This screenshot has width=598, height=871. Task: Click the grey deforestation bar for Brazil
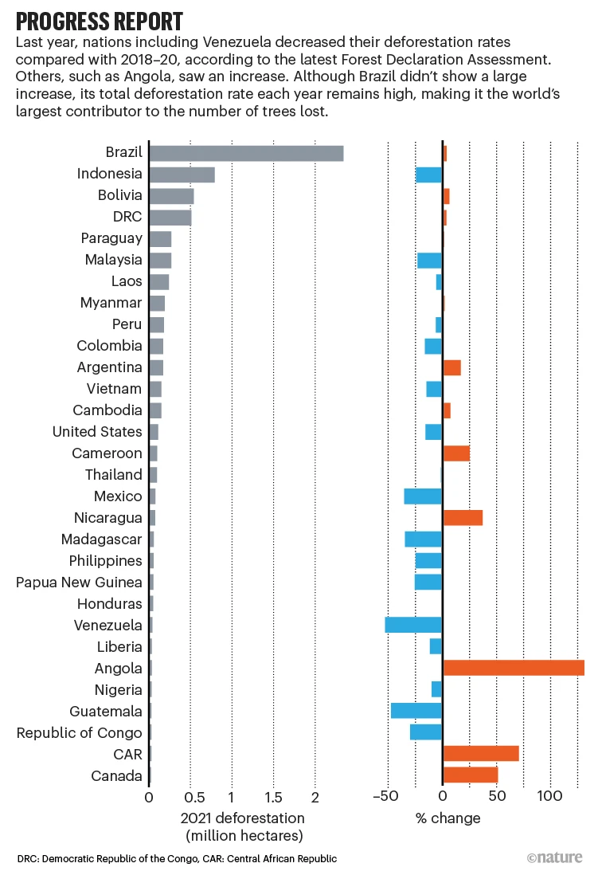pos(246,153)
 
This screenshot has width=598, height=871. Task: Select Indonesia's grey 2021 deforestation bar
pos(182,175)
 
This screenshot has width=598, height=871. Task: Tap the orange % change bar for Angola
pos(514,668)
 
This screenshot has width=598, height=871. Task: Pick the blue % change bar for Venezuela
pos(413,625)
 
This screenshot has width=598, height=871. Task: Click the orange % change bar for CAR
pos(481,754)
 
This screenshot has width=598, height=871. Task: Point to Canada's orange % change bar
pos(471,775)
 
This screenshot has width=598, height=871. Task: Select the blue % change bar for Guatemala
pos(416,711)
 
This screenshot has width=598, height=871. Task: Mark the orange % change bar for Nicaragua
pos(463,517)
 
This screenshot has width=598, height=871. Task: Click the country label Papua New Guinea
pos(79,583)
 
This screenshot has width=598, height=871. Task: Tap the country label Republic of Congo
pos(79,733)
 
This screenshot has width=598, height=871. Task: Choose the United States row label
pos(97,432)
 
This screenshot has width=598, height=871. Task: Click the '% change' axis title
pos(448,818)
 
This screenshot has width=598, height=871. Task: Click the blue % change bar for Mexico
pos(423,496)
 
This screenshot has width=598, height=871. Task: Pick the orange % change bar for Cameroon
pos(456,453)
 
